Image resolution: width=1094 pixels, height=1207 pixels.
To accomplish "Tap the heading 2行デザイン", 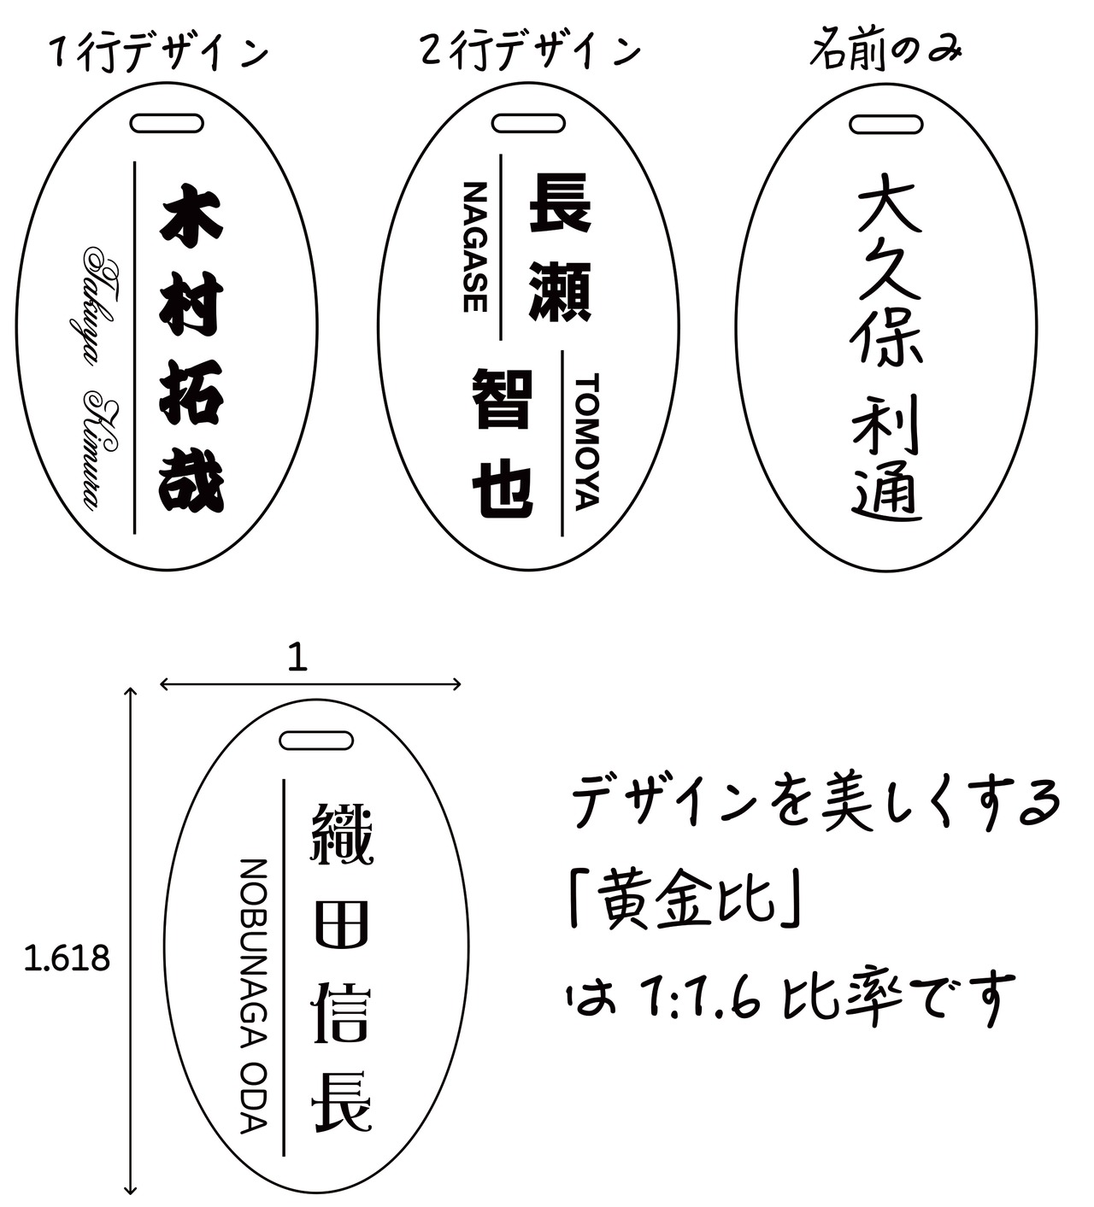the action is pyautogui.click(x=530, y=51).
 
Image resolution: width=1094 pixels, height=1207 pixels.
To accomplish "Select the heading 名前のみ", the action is pyautogui.click(x=885, y=51).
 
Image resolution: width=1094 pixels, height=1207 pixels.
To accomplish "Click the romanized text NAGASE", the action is pyautogui.click(x=475, y=247).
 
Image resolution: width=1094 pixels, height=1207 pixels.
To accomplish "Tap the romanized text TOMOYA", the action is pyautogui.click(x=588, y=441).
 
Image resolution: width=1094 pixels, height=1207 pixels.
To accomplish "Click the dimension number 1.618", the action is pyautogui.click(x=68, y=959).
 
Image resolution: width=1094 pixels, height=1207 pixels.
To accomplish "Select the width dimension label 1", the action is pyautogui.click(x=297, y=659).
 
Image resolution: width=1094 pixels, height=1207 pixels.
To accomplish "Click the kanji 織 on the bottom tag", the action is pyautogui.click(x=341, y=832).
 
